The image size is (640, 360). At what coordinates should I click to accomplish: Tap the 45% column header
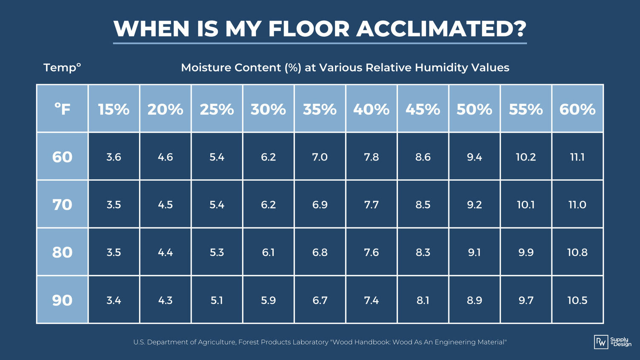pyautogui.click(x=423, y=109)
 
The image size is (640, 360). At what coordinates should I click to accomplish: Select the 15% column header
pyautogui.click(x=114, y=109)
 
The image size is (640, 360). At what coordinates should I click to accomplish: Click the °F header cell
pyautogui.click(x=62, y=109)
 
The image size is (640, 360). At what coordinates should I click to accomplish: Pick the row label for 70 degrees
pyautogui.click(x=62, y=205)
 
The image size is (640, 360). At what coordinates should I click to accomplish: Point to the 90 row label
pyautogui.click(x=62, y=300)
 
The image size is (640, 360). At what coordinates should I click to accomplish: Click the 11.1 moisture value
pyautogui.click(x=577, y=157)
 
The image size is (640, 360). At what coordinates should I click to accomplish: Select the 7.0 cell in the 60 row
pyautogui.click(x=320, y=157)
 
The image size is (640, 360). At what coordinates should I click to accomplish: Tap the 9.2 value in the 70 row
pyautogui.click(x=474, y=205)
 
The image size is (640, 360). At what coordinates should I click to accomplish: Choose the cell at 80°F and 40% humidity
pyautogui.click(x=371, y=252)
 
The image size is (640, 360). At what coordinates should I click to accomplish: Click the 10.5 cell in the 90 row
pyautogui.click(x=577, y=300)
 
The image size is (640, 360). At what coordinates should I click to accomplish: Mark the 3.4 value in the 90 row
pyautogui.click(x=114, y=300)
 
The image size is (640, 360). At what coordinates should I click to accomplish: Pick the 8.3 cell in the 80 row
pyautogui.click(x=423, y=252)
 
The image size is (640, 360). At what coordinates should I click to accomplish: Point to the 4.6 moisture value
pyautogui.click(x=165, y=157)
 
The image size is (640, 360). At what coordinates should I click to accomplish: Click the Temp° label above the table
pyautogui.click(x=62, y=67)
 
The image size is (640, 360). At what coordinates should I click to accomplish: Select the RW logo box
pyautogui.click(x=601, y=342)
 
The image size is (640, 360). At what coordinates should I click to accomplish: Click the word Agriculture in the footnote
pyautogui.click(x=214, y=342)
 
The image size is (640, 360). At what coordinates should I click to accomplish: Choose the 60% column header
pyautogui.click(x=577, y=109)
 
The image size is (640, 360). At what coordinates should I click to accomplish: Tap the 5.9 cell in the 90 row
pyautogui.click(x=268, y=300)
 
